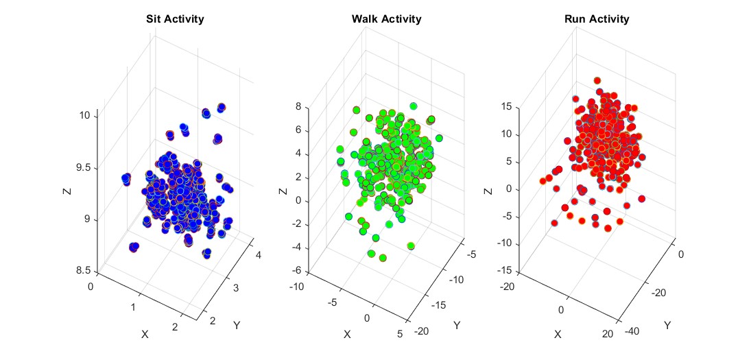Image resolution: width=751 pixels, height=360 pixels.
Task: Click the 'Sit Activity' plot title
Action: pyautogui.click(x=175, y=19)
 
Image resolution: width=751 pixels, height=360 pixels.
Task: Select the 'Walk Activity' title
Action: pyautogui.click(x=385, y=19)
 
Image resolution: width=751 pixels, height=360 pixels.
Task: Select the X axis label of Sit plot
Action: pyautogui.click(x=145, y=334)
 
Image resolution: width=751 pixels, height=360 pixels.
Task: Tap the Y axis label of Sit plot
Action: pyautogui.click(x=237, y=324)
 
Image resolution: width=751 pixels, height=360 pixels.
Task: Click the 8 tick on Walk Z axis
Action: pyautogui.click(x=299, y=106)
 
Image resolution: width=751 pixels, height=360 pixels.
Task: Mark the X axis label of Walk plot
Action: pyautogui.click(x=347, y=334)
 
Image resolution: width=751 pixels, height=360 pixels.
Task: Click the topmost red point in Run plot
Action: pyautogui.click(x=597, y=81)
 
